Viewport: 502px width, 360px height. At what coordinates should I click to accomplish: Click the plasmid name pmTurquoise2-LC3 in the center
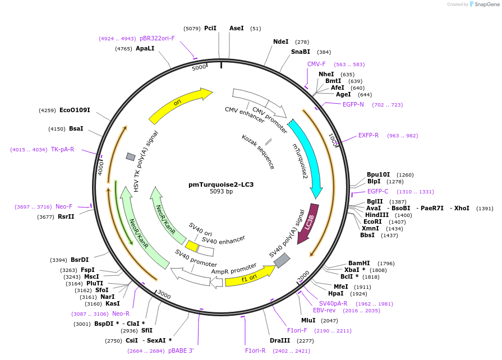tap(221, 184)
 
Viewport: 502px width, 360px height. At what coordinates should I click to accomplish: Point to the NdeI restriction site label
tap(280, 41)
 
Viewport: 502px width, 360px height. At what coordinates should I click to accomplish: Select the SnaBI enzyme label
tap(300, 52)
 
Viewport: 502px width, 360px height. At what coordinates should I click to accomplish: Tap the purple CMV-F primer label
tap(316, 64)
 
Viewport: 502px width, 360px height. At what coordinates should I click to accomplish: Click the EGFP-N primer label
tap(353, 104)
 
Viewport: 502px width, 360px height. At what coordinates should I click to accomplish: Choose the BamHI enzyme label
tap(359, 263)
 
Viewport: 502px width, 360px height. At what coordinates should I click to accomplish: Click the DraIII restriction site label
tap(279, 340)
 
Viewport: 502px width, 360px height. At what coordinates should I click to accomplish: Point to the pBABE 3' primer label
tap(181, 350)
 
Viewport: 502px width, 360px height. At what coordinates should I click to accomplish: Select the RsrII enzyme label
tap(66, 216)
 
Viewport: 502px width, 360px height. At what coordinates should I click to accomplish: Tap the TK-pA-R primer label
tap(62, 149)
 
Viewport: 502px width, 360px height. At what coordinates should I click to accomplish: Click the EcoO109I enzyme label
tap(75, 110)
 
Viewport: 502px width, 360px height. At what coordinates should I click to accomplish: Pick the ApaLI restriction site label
tap(145, 49)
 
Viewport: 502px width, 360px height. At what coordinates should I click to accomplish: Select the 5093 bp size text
tap(221, 192)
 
